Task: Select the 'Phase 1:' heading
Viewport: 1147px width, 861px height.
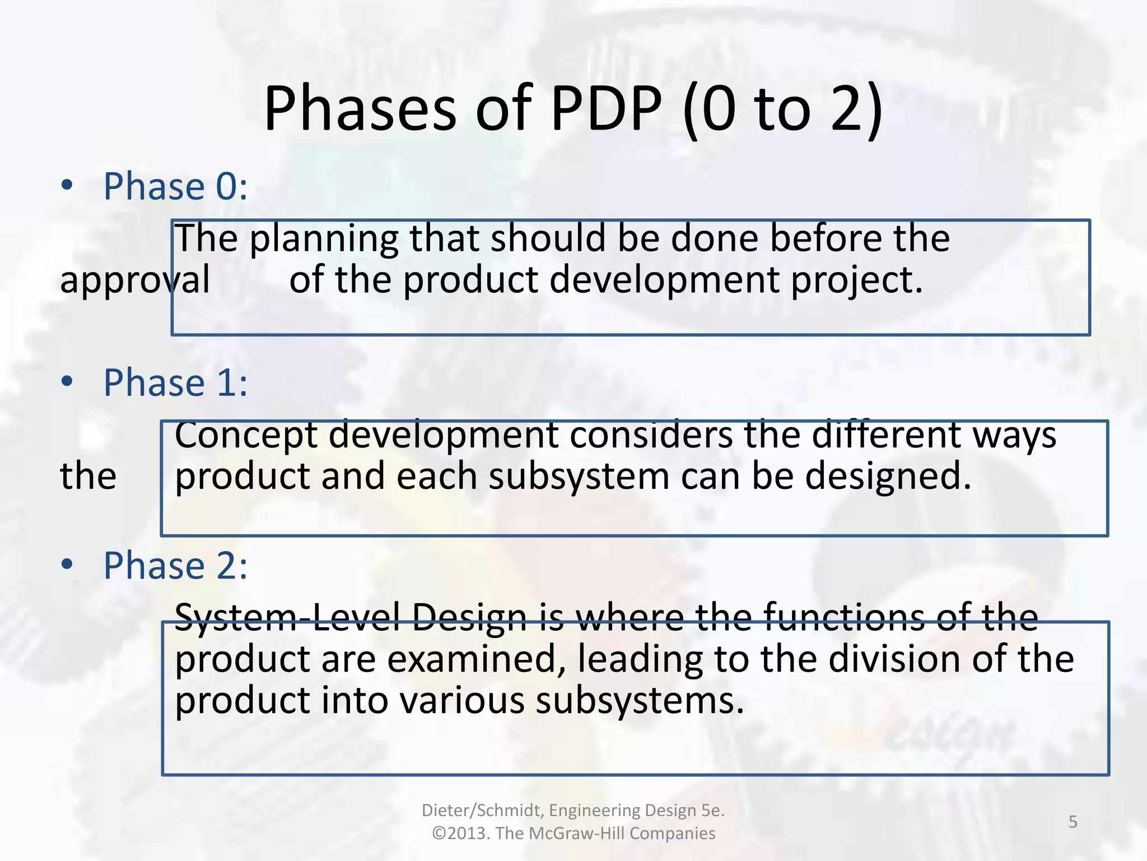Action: point(175,383)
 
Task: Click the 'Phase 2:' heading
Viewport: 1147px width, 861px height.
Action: point(175,566)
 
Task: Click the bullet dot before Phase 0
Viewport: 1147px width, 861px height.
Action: point(67,186)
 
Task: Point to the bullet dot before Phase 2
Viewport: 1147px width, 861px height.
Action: point(67,565)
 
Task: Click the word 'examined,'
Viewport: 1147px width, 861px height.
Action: point(476,659)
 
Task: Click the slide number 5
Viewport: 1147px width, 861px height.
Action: point(1073,822)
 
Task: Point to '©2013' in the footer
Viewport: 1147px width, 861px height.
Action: point(461,834)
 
